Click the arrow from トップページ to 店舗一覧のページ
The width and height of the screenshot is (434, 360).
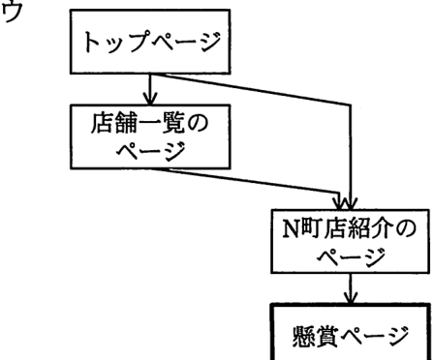click(150, 89)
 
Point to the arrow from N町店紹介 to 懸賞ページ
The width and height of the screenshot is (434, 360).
click(351, 288)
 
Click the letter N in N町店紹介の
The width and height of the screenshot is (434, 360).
click(292, 228)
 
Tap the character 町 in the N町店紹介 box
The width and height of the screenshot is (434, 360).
click(311, 228)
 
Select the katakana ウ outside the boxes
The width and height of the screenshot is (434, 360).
click(12, 11)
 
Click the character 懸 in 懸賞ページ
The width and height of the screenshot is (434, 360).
click(302, 337)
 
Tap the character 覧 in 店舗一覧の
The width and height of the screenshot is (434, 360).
click(173, 123)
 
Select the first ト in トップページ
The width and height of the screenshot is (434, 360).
click(93, 42)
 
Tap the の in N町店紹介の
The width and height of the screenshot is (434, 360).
click(405, 228)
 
